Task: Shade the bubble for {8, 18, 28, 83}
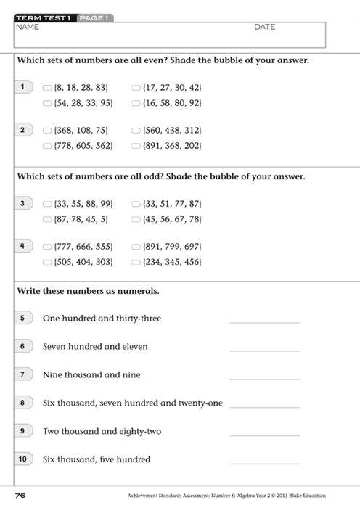tap(47, 87)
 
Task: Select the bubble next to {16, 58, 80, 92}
tap(136, 104)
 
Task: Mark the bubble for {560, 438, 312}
tap(136, 131)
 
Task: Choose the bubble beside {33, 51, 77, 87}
tap(136, 203)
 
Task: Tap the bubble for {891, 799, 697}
tap(136, 247)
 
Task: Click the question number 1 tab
tap(23, 87)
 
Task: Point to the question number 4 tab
tap(23, 247)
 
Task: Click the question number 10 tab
tap(23, 459)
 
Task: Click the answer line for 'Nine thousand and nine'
tap(264, 378)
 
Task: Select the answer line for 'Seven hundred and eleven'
tap(264, 350)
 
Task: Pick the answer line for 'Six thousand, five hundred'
tap(264, 462)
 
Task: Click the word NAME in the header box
tap(27, 27)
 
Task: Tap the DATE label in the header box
tap(265, 27)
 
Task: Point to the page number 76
tap(20, 496)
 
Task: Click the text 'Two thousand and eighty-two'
tap(102, 431)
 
